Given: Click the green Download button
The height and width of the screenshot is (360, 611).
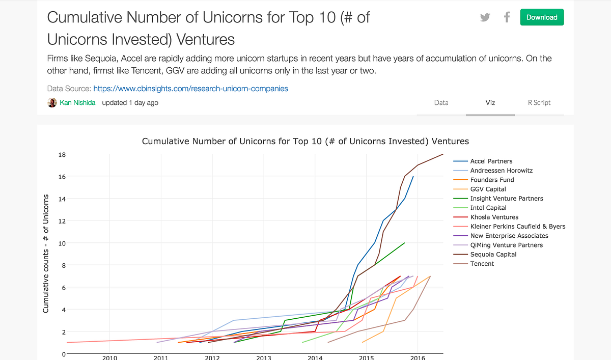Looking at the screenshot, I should click(x=542, y=17).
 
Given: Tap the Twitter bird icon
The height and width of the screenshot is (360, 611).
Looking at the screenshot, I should click(x=485, y=17).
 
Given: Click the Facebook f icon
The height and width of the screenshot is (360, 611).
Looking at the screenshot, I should click(x=507, y=17).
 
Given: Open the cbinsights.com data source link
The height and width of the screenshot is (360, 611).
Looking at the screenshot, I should click(x=190, y=89).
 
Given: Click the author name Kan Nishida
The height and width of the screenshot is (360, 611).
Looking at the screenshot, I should click(x=77, y=103).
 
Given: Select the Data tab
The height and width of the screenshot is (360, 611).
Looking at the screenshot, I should click(x=441, y=103).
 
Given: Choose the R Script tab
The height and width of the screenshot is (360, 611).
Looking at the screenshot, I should click(x=539, y=103).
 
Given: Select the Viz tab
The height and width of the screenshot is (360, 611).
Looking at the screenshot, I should click(x=490, y=103).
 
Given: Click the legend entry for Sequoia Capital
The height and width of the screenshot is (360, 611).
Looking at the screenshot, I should click(x=493, y=255).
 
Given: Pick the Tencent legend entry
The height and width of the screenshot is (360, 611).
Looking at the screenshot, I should click(x=482, y=264).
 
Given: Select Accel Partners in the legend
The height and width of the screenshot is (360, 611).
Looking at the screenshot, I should click(x=491, y=161).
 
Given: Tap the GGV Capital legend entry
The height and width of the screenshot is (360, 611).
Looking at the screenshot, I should click(x=488, y=189).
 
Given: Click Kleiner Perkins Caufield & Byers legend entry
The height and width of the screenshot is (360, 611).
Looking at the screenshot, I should click(x=517, y=227).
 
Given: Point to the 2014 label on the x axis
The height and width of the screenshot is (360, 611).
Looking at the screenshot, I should click(x=315, y=357).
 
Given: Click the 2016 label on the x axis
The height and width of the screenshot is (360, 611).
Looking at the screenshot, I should click(x=418, y=357).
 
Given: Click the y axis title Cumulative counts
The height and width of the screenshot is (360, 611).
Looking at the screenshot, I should click(x=46, y=254).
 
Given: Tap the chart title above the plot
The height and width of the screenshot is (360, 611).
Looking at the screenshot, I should click(x=305, y=141).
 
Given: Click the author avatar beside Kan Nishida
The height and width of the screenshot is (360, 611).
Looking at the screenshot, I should click(x=52, y=103).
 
